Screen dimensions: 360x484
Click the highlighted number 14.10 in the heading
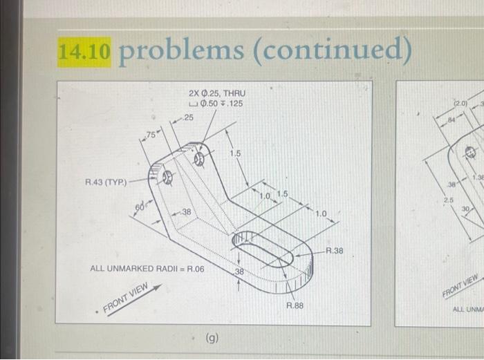[x=84, y=52]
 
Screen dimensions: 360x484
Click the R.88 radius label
[x=295, y=305]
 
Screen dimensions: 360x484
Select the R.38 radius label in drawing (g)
[x=334, y=251]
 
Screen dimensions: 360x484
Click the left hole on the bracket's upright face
[x=166, y=178]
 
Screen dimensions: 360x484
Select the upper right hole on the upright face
[x=201, y=159]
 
